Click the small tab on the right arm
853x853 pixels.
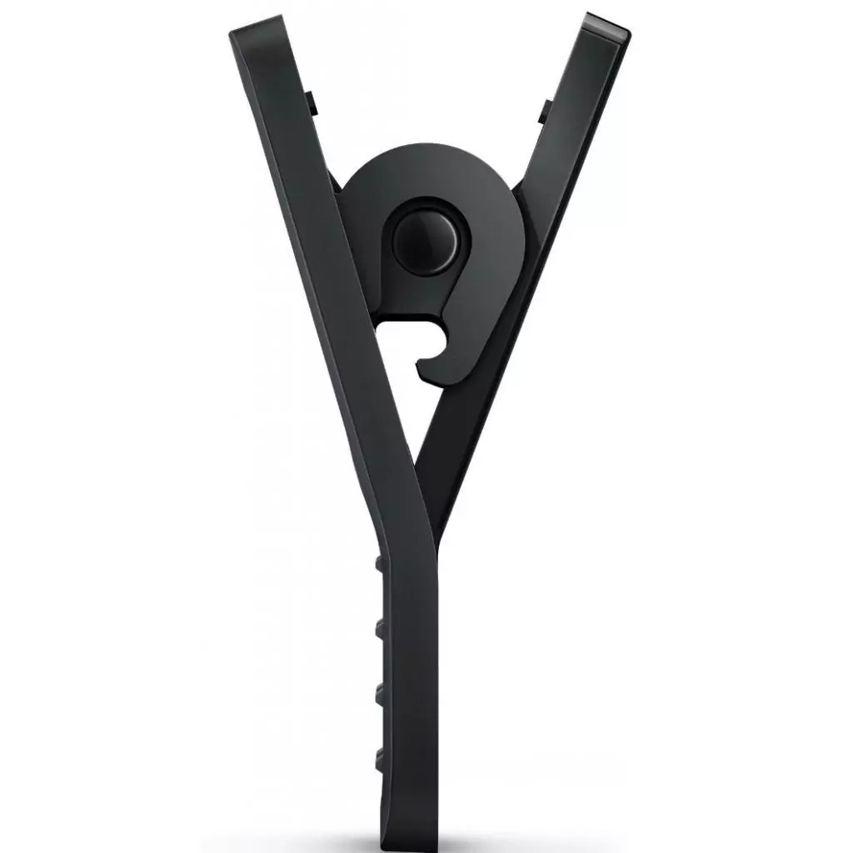point(544,111)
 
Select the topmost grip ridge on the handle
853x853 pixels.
point(380,563)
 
